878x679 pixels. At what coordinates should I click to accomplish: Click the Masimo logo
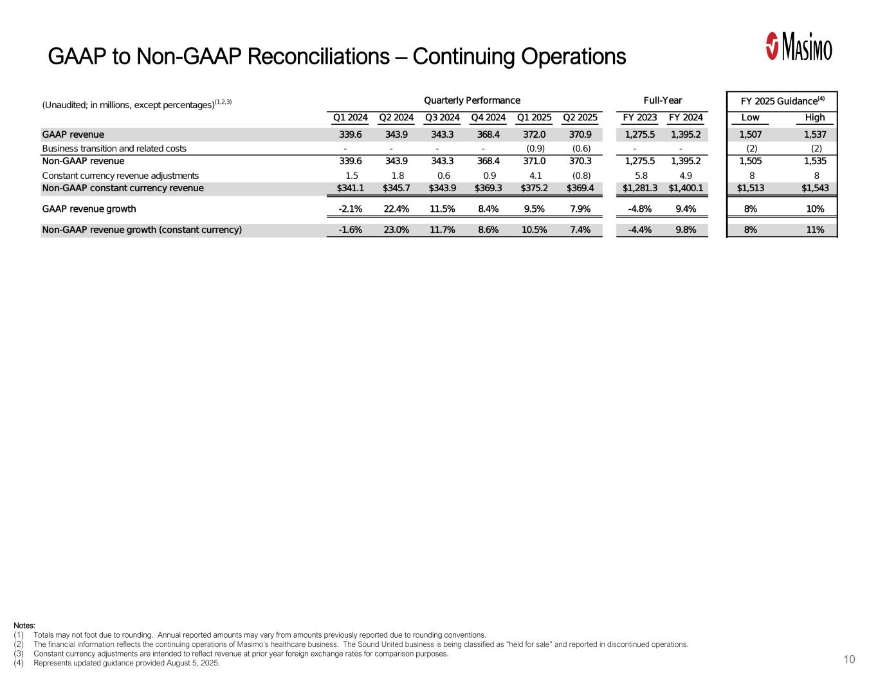click(799, 46)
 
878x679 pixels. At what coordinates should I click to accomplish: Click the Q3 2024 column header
click(442, 118)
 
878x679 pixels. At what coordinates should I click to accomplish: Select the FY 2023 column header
click(640, 118)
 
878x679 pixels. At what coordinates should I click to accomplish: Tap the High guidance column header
click(814, 118)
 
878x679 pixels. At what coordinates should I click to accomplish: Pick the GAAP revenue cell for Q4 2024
click(489, 135)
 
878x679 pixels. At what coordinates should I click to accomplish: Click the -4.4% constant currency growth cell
click(641, 230)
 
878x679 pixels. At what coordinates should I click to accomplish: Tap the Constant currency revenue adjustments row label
click(120, 176)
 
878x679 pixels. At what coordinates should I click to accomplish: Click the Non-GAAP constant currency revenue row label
click(122, 189)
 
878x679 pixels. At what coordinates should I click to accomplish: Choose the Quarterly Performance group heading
click(471, 100)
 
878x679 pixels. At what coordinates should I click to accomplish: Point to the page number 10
click(849, 660)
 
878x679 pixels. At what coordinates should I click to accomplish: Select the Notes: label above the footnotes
click(24, 626)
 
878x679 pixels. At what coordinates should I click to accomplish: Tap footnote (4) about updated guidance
click(126, 664)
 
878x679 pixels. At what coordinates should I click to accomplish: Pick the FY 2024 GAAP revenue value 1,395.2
click(686, 135)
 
